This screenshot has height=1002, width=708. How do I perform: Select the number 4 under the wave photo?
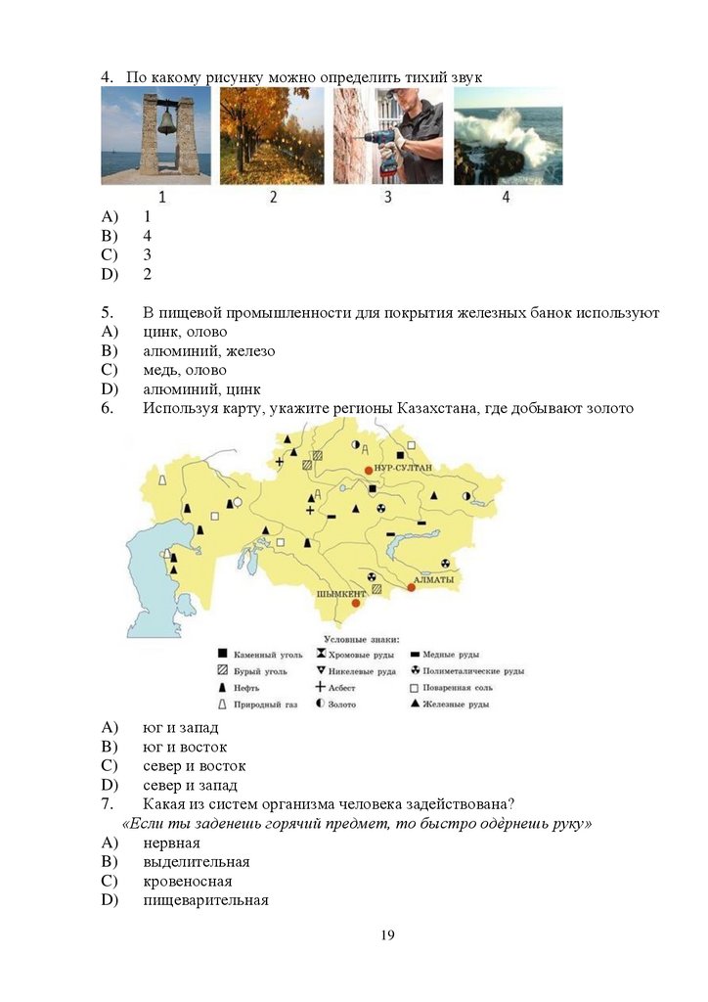(x=506, y=197)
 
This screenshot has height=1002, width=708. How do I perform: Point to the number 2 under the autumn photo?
(x=273, y=197)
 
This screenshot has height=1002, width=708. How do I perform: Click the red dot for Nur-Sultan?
(x=369, y=471)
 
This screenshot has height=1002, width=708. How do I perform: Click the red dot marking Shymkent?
(x=342, y=604)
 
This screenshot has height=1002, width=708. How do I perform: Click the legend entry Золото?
(x=342, y=705)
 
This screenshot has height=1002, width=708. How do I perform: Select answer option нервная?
(x=171, y=843)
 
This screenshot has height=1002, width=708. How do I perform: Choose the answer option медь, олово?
(x=184, y=370)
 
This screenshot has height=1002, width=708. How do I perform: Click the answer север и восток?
(x=194, y=765)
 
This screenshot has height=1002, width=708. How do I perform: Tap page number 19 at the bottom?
(x=387, y=935)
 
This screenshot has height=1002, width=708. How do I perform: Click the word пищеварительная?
(x=205, y=900)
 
